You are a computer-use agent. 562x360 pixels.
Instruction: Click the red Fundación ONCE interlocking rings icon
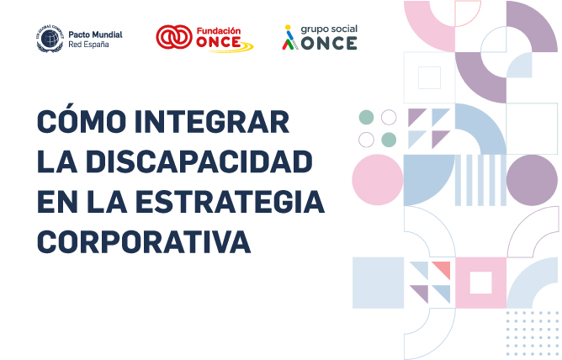click(x=173, y=38)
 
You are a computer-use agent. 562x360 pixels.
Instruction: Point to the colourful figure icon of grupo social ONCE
click(x=289, y=38)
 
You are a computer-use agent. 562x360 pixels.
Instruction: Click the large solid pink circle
click(x=378, y=180)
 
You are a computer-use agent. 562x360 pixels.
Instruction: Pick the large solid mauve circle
click(x=532, y=180)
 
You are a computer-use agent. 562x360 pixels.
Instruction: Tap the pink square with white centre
click(x=480, y=283)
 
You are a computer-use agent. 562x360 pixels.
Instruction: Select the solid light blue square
click(x=378, y=283)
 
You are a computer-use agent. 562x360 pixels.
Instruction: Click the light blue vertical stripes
click(x=480, y=180)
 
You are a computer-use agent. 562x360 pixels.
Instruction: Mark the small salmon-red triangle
click(x=443, y=269)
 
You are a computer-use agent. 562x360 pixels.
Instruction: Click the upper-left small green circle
click(x=366, y=117)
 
